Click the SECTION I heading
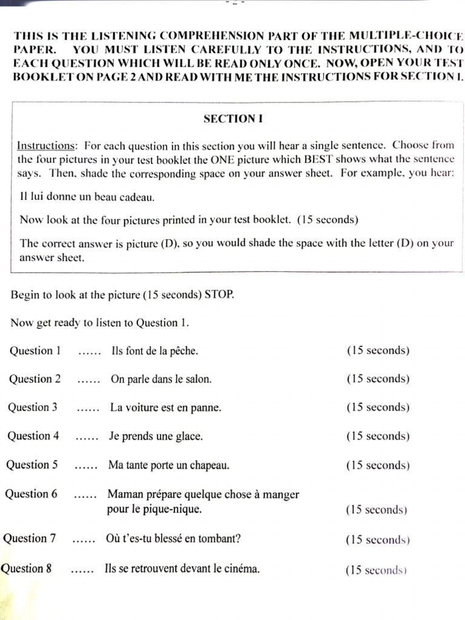tap(232, 119)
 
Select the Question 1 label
tap(35, 351)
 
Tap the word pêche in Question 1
tap(184, 351)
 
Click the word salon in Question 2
tap(198, 380)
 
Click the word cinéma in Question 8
tap(242, 569)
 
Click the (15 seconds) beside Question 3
tap(377, 407)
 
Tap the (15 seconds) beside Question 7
tap(377, 539)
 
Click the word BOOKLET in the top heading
tap(36, 76)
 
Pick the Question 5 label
tap(32, 465)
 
